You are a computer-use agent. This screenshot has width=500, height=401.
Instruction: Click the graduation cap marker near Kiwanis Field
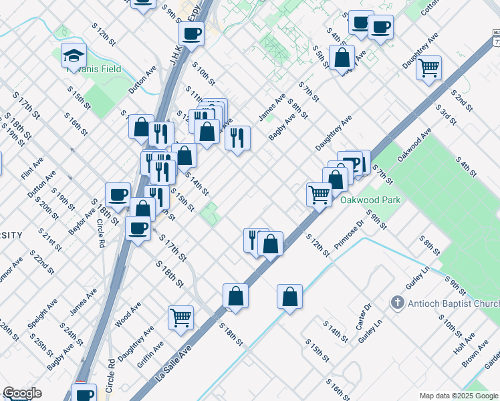tap(74, 56)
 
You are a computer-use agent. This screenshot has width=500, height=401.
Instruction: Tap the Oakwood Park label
tap(369, 200)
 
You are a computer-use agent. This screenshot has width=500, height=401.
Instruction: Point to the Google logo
tap(21, 393)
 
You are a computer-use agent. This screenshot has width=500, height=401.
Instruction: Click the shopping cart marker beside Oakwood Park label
tap(320, 194)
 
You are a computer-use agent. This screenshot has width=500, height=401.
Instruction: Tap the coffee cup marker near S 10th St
tap(192, 33)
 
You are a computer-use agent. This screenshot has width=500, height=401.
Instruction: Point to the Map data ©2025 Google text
tap(459, 396)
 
